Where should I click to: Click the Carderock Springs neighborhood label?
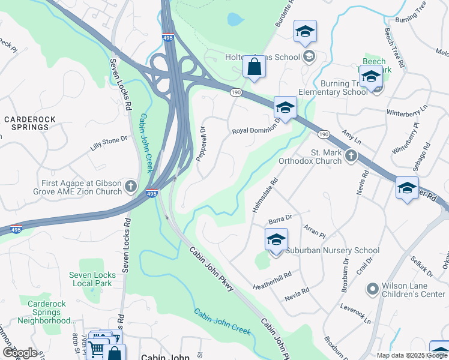click(x=26, y=123)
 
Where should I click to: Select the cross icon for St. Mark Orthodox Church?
click(x=351, y=157)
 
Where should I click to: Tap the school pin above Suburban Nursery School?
click(x=276, y=240)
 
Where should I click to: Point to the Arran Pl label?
click(x=314, y=229)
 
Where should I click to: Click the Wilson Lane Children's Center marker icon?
click(x=372, y=290)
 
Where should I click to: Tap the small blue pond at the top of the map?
click(x=235, y=19)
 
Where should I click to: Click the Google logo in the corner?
click(x=20, y=353)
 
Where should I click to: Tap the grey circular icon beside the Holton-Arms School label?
click(x=309, y=57)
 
